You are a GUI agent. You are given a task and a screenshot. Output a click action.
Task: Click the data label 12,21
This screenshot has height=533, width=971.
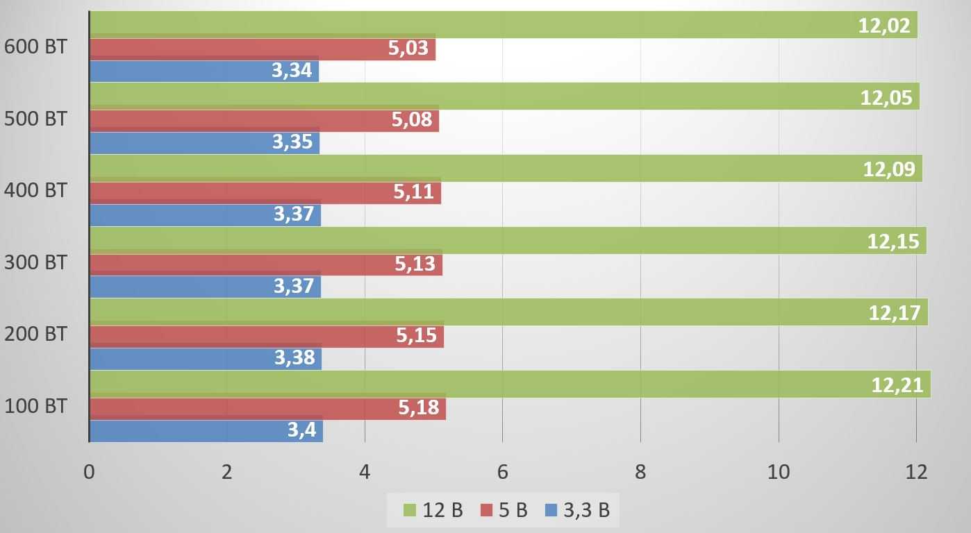point(897,384)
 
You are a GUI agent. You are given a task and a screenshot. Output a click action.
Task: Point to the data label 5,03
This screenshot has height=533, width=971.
point(408,49)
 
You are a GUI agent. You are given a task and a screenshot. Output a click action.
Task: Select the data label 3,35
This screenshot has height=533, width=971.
point(292,142)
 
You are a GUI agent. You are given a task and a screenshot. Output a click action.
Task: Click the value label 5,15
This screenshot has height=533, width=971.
point(416,336)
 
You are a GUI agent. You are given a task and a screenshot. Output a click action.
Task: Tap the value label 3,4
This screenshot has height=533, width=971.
point(301,430)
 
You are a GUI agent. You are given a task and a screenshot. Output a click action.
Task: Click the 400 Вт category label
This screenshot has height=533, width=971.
point(35,190)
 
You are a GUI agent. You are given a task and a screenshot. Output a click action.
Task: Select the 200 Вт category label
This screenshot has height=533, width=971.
point(35,334)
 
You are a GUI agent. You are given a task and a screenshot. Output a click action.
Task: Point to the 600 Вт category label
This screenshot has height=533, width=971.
point(35,47)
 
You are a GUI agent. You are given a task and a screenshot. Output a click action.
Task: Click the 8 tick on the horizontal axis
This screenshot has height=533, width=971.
point(640,472)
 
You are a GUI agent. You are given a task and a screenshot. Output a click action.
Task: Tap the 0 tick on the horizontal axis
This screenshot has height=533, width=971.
point(89,472)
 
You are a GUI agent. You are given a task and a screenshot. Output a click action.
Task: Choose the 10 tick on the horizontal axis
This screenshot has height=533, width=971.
point(778,472)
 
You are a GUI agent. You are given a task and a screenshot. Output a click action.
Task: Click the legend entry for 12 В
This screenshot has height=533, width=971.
point(433,511)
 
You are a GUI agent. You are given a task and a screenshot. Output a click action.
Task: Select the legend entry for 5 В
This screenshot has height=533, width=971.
point(504,511)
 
